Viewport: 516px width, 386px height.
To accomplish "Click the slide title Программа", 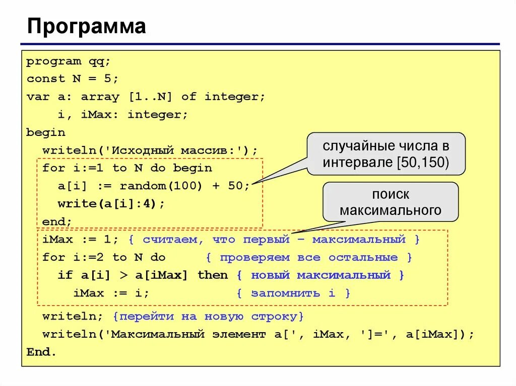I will point(86,27).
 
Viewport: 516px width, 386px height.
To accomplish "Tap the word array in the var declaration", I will point(100,97).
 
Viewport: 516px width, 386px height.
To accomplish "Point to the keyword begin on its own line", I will point(46,132).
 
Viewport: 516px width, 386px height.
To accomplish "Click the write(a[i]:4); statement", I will point(111,204).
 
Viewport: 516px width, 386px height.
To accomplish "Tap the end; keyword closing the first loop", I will point(57,221).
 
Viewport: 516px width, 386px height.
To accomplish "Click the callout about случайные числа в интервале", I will point(385,154).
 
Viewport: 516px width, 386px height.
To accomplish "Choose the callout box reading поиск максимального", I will point(390,202).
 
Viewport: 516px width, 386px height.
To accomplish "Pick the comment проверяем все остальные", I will point(309,258).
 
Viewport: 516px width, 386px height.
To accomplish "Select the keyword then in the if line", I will point(213,275).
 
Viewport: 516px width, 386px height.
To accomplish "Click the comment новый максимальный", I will point(320,275).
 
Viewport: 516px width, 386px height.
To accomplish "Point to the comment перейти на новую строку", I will point(209,317).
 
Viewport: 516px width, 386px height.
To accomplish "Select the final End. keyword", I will point(42,352).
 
